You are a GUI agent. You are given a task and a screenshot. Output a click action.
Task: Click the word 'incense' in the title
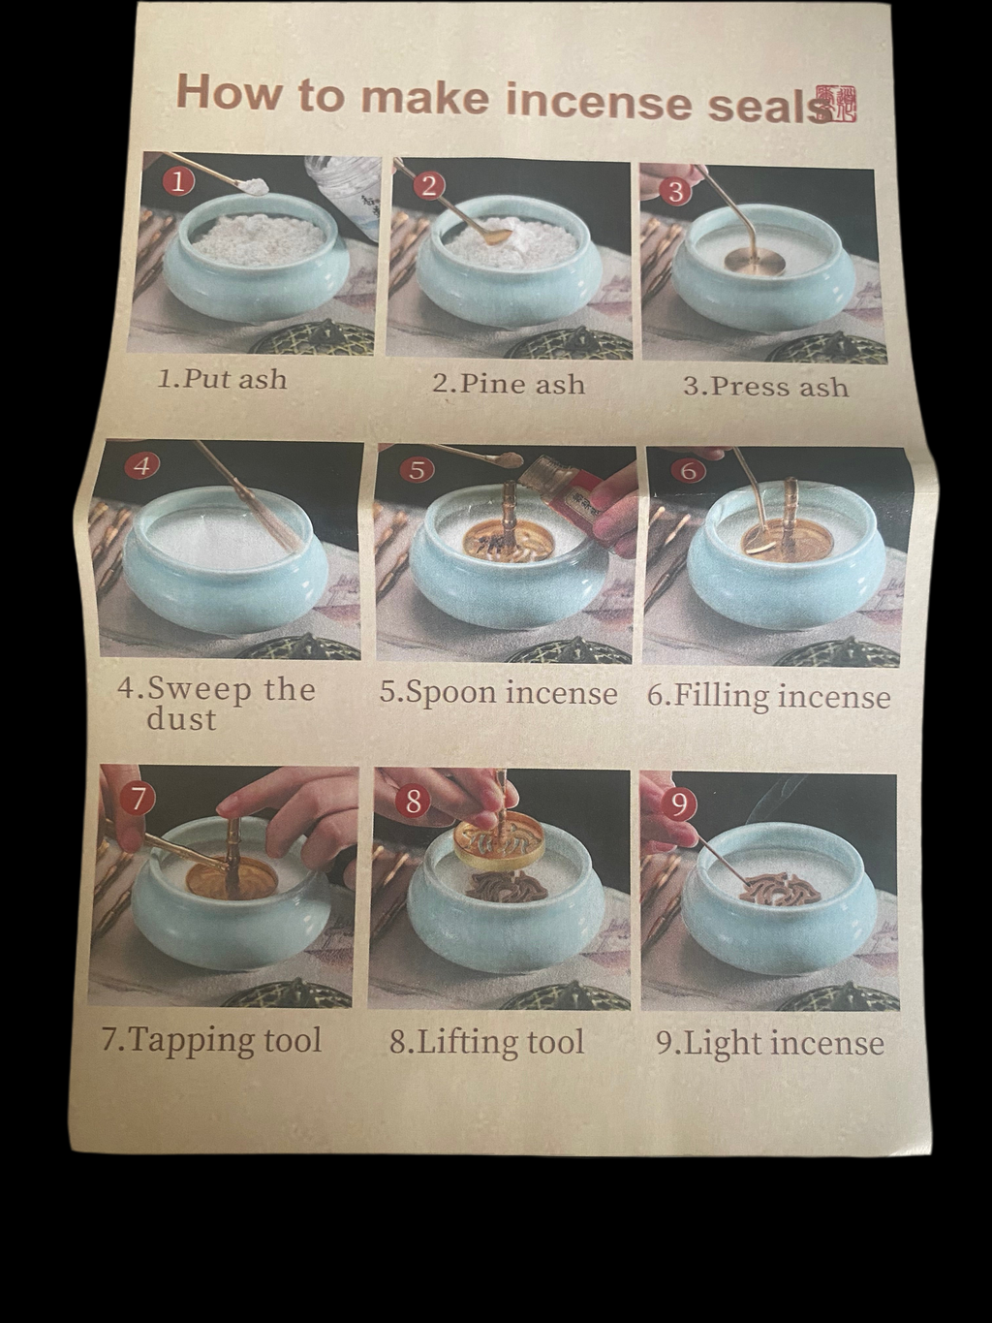(x=599, y=100)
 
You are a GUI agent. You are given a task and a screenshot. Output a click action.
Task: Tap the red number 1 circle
(x=178, y=180)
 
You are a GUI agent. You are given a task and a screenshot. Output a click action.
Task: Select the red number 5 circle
(x=416, y=470)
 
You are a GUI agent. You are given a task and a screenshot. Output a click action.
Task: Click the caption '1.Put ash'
(x=222, y=378)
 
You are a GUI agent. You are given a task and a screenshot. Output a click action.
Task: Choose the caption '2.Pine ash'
(x=509, y=383)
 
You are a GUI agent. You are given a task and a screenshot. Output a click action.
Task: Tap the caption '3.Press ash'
(x=765, y=386)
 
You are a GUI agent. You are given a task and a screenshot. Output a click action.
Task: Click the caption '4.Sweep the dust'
(x=215, y=703)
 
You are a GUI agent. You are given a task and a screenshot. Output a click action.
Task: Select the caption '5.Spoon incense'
(x=498, y=693)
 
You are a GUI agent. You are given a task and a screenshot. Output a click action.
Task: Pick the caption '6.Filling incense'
(x=768, y=696)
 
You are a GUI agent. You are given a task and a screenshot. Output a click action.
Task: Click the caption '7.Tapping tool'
(x=211, y=1040)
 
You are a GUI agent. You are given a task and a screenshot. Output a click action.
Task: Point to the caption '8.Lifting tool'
(x=487, y=1042)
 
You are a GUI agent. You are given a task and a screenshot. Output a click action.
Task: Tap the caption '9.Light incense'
(x=770, y=1043)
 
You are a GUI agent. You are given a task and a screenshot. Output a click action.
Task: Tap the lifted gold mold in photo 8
(x=496, y=839)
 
